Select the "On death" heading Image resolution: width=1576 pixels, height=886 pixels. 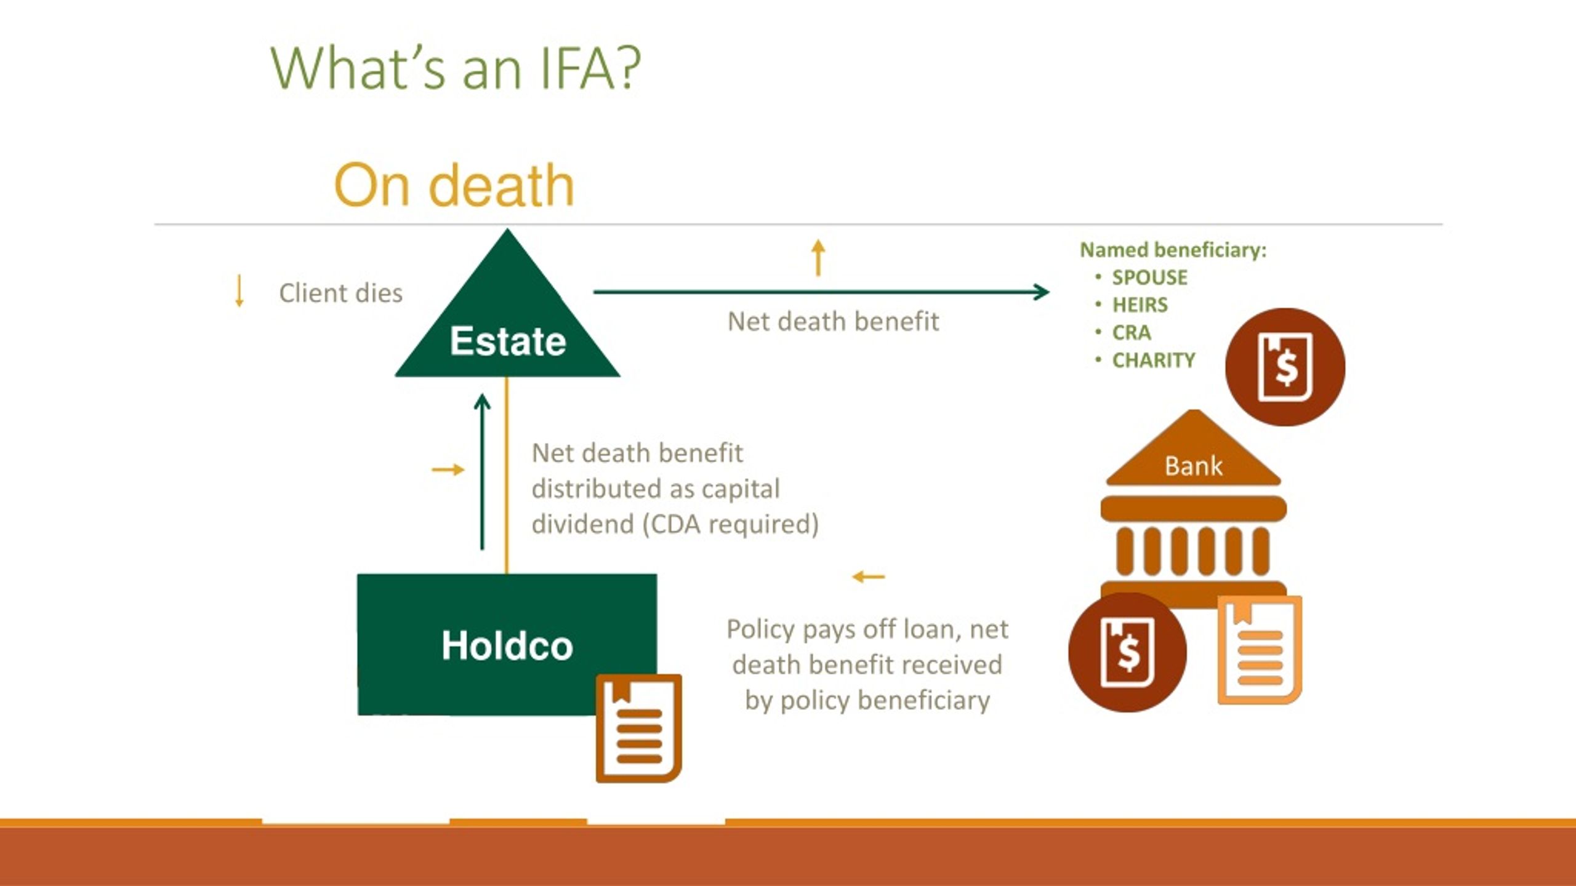click(454, 185)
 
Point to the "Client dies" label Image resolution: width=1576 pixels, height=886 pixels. click(340, 293)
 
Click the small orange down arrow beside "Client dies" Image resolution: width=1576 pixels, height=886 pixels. click(239, 291)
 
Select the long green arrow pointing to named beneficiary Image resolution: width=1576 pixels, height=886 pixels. click(821, 292)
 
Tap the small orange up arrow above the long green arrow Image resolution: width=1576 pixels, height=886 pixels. click(818, 258)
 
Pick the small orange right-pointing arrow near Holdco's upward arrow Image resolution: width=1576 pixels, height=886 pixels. click(448, 470)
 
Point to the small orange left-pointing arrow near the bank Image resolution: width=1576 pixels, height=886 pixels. click(869, 577)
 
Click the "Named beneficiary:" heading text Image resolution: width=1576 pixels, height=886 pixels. click(1173, 250)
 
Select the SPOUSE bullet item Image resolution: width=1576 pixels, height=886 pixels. click(1149, 277)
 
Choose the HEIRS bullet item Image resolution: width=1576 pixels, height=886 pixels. click(1140, 305)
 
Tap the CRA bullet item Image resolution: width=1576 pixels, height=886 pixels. click(1132, 333)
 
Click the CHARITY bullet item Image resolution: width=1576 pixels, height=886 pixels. click(1154, 360)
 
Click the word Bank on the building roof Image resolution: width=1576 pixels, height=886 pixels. click(1193, 466)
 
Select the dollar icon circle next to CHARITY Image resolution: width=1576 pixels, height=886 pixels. click(1285, 367)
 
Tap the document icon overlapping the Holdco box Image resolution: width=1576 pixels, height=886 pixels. click(639, 728)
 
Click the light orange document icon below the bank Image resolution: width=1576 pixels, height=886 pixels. click(1260, 650)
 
